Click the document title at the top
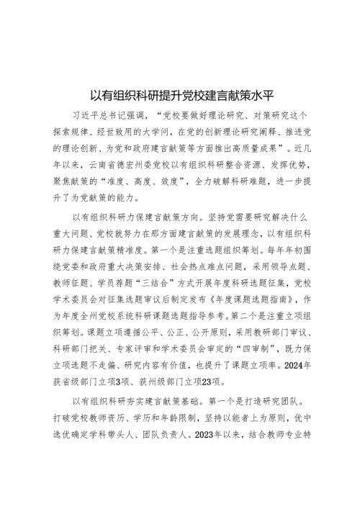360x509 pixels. click(x=180, y=94)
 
